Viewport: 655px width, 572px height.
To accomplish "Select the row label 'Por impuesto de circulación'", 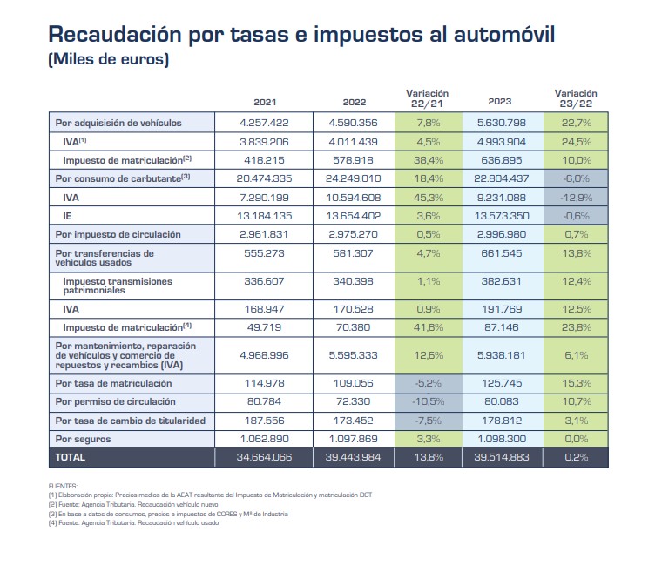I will tap(118, 234).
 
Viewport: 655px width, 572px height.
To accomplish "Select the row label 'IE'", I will tap(68, 216).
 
